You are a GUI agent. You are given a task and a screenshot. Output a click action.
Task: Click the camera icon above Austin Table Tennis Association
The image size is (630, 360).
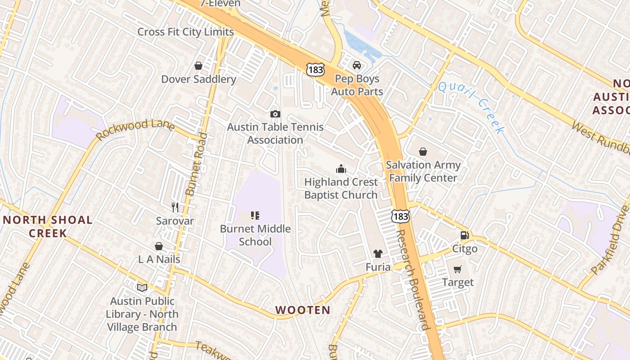click(275, 114)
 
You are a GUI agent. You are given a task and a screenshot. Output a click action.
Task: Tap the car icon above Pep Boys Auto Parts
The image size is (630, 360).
click(357, 65)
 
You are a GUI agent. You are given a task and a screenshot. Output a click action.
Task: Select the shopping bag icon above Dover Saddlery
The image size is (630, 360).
click(198, 66)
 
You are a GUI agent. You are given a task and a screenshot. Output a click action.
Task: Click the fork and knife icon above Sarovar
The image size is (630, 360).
click(175, 207)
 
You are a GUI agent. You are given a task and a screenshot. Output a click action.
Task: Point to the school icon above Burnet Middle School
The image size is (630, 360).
click(255, 216)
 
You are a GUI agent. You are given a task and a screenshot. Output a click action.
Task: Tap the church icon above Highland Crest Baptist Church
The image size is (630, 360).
click(341, 169)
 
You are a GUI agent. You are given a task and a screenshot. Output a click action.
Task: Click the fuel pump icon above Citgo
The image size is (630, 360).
click(464, 235)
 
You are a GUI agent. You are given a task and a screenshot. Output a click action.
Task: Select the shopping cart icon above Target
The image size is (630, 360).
click(458, 269)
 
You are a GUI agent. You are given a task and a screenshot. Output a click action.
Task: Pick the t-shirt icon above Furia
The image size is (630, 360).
click(378, 254)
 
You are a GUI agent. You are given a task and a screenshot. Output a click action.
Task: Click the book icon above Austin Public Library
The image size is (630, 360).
click(142, 288)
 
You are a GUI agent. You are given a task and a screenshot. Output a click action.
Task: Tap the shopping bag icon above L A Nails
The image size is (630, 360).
click(159, 246)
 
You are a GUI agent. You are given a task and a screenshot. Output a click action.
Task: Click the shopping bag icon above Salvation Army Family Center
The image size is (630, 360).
click(423, 152)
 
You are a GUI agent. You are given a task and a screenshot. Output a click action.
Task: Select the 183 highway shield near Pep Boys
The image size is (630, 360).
click(315, 69)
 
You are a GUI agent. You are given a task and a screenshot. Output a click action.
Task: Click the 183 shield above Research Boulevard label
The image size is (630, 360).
click(400, 216)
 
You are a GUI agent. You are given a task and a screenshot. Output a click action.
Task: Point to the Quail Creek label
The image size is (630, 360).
click(471, 107)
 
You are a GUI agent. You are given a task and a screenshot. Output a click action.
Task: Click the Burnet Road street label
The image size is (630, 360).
click(197, 164)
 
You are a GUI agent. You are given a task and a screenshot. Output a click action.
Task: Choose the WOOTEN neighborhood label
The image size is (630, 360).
click(302, 310)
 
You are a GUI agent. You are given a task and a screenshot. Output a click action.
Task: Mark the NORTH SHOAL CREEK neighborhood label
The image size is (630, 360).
click(48, 226)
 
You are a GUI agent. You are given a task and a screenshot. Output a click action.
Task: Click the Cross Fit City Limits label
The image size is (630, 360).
click(185, 32)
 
